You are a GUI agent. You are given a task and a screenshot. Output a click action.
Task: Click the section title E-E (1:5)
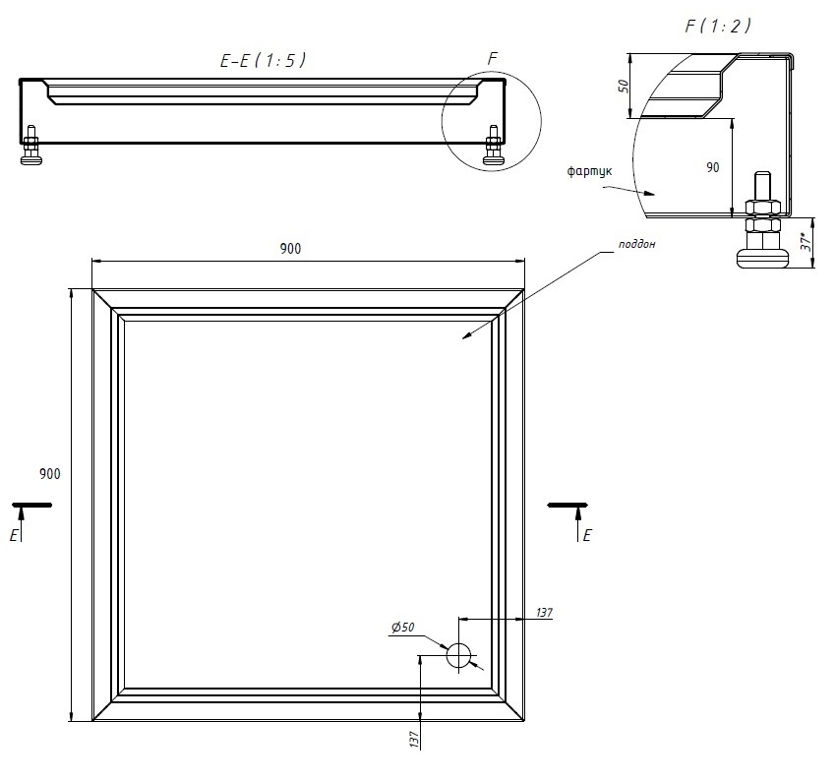point(263,60)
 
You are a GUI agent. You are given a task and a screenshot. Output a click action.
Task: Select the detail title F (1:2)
point(718,26)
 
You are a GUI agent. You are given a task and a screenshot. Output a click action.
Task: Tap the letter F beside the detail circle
point(493,58)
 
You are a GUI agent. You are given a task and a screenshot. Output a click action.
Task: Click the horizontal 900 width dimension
point(290,249)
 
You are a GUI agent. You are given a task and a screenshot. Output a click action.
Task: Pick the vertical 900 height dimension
point(49,473)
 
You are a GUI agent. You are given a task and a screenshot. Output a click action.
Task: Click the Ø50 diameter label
point(402,627)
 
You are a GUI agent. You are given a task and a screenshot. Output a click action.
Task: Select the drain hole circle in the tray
point(459,655)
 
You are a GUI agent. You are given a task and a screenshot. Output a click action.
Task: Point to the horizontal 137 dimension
point(544,613)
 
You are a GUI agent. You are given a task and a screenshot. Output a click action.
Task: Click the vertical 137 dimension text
point(414,740)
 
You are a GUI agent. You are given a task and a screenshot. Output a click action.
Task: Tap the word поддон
point(636,244)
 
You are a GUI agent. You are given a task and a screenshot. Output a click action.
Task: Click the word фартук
point(589,171)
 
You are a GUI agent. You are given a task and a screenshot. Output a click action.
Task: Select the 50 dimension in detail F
point(623,86)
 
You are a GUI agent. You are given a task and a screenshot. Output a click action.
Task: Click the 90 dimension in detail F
point(713,167)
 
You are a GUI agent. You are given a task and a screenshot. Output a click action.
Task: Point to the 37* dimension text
point(806,242)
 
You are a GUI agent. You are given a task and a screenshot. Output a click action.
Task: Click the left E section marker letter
point(14,536)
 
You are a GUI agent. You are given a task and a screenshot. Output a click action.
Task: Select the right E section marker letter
point(587,535)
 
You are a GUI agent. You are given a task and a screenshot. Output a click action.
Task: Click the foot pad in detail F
point(762,259)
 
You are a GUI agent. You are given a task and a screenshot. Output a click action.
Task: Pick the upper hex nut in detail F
point(764,208)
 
